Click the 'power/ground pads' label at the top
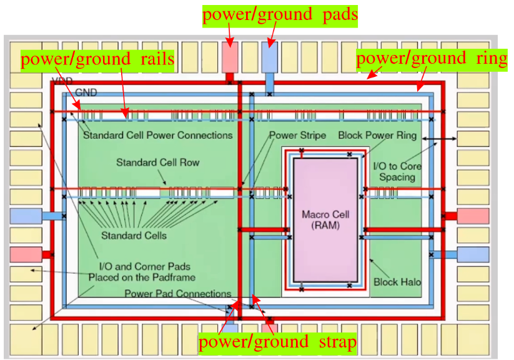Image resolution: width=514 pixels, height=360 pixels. pos(280,15)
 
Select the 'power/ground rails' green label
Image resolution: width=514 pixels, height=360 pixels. pos(97,60)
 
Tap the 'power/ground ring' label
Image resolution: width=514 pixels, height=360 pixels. pos(431,59)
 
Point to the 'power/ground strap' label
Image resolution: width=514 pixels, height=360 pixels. pos(277,342)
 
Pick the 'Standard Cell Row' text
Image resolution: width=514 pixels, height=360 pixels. pos(157,162)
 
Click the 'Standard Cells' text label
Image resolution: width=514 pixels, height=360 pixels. pos(134,236)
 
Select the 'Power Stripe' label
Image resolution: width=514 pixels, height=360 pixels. pos(297,135)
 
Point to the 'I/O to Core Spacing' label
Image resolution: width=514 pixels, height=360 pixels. pos(397,171)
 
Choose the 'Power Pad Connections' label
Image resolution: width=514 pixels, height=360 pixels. pos(177,294)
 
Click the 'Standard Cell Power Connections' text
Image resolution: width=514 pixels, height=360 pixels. pos(157,135)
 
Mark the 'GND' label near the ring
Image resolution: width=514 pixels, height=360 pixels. pos(86,92)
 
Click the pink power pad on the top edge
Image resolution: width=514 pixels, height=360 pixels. pos(229,58)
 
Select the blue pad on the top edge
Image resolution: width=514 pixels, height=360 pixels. pos(269,58)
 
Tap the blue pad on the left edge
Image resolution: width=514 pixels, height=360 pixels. pos(26,216)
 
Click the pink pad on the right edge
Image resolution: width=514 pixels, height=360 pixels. pos(473,216)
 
